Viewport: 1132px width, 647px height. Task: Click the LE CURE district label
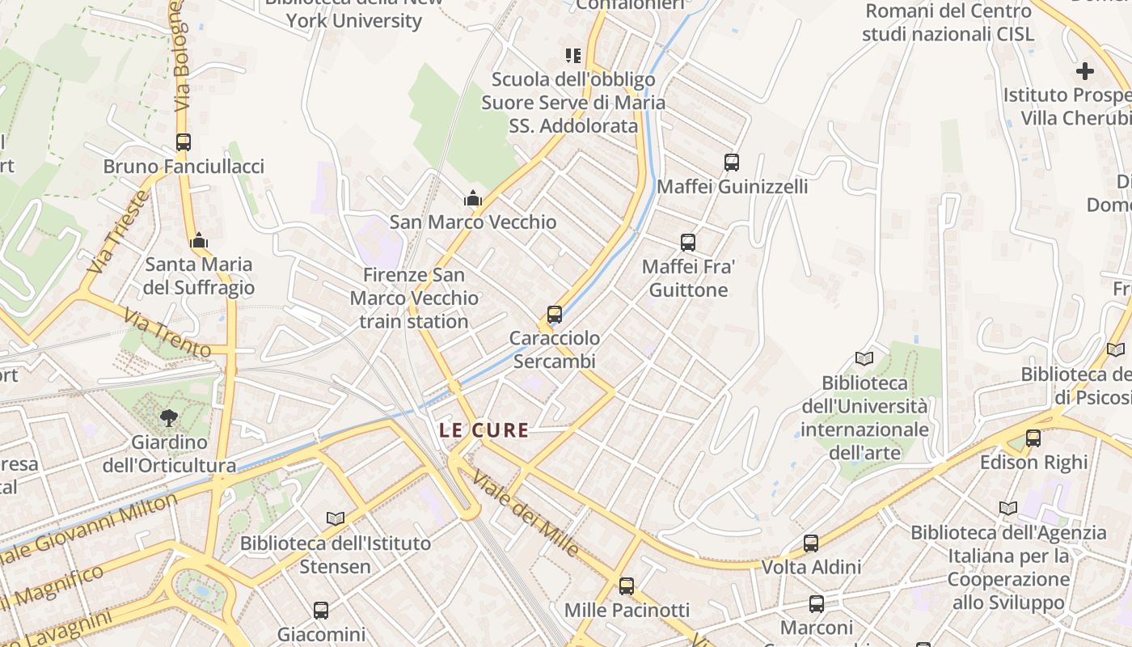484,430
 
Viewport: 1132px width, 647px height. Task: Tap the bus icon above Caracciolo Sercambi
555,314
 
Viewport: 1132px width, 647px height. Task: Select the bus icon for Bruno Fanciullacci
184,142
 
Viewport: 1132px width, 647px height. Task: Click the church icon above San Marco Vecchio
472,198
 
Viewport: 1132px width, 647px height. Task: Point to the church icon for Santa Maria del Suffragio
199,240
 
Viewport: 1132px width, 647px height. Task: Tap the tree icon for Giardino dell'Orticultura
169,417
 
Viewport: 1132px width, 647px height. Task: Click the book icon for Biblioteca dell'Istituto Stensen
336,518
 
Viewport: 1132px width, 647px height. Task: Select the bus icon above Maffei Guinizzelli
732,162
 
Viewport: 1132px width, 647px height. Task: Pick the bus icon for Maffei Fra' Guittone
688,242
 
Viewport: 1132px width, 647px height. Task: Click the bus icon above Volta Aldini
811,543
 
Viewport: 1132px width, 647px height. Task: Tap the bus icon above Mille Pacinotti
627,586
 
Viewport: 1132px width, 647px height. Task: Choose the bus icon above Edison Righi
1033,438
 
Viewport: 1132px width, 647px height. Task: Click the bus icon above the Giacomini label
321,610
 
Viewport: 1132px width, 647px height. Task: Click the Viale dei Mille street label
526,513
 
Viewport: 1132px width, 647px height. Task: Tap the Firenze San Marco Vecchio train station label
414,298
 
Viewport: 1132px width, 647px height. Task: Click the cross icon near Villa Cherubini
1084,71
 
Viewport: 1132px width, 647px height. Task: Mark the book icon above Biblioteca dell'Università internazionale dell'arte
864,358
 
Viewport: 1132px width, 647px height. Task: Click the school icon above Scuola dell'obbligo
573,56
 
